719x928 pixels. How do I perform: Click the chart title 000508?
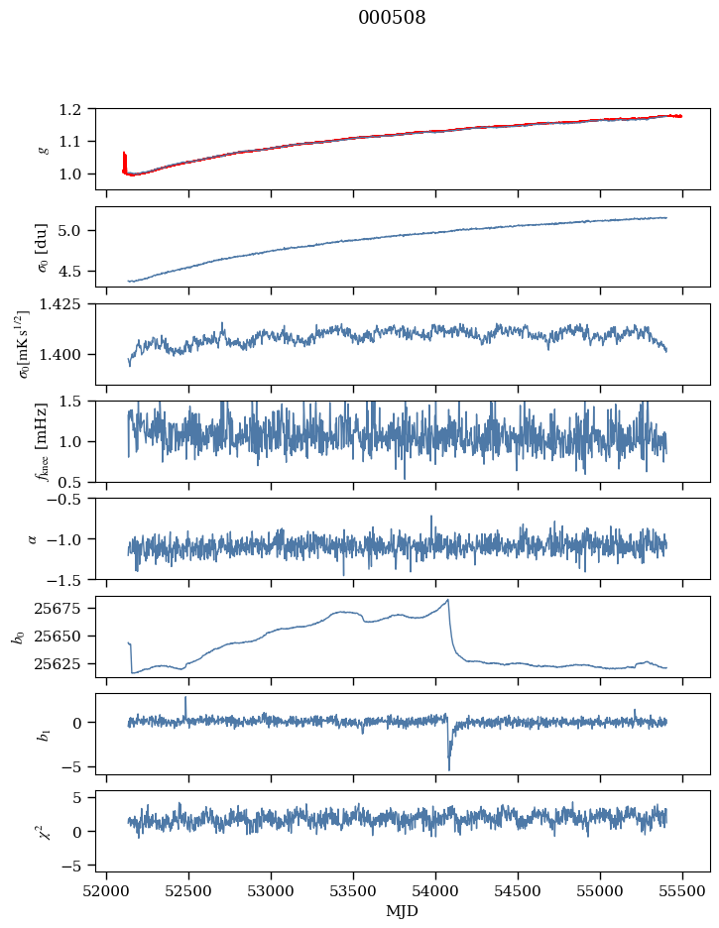coord(392,18)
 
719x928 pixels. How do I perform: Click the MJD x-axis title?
coord(403,910)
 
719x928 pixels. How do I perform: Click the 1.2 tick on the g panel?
coord(77,109)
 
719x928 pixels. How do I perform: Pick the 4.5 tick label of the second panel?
coord(77,271)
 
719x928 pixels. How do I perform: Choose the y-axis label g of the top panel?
coord(43,149)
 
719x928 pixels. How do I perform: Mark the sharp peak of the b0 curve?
coord(448,600)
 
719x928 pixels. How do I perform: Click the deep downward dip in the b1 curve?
coord(448,768)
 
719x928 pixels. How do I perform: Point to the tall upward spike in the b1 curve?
coord(184,698)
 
